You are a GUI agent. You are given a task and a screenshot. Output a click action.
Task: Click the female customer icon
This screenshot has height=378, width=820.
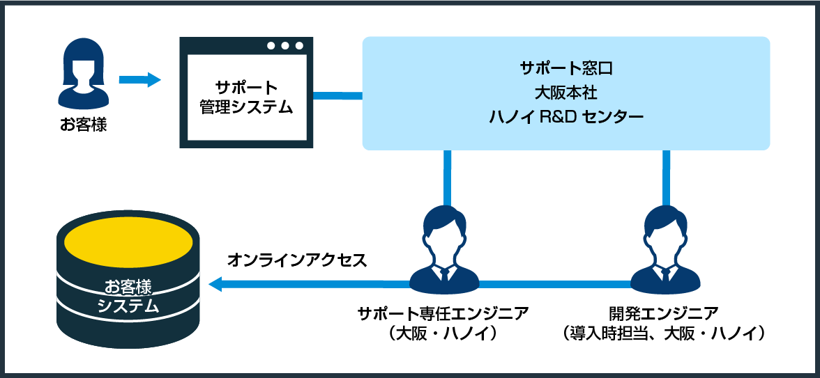83,74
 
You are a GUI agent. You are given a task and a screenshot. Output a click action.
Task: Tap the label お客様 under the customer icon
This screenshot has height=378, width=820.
83,126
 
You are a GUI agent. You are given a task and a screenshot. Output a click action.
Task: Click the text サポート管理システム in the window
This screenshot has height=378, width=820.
246,98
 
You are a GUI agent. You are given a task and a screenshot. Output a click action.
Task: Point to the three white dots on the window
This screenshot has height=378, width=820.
284,46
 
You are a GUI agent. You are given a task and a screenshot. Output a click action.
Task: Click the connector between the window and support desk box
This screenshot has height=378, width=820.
337,95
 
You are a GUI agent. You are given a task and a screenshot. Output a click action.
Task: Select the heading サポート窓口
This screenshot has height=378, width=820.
565,68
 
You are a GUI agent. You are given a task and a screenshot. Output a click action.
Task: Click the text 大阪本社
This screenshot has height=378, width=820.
565,92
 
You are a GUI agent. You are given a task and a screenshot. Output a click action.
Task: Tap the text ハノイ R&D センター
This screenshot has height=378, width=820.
565,116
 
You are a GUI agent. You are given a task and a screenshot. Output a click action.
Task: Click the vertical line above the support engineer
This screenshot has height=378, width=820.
447,178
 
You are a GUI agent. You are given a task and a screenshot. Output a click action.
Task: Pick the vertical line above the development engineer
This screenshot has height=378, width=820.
666,178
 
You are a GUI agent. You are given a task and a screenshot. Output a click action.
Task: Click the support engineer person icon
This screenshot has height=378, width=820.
444,251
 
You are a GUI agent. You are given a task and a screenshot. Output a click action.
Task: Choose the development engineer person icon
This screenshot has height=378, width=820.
665,251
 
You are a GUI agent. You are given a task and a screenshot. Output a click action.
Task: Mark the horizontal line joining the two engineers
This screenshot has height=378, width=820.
554,284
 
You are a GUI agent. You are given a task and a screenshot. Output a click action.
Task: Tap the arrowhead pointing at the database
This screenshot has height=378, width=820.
215,284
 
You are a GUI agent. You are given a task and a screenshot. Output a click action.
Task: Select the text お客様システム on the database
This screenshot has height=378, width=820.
128,296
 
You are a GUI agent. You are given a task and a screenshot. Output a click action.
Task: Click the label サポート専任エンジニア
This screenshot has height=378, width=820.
443,313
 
